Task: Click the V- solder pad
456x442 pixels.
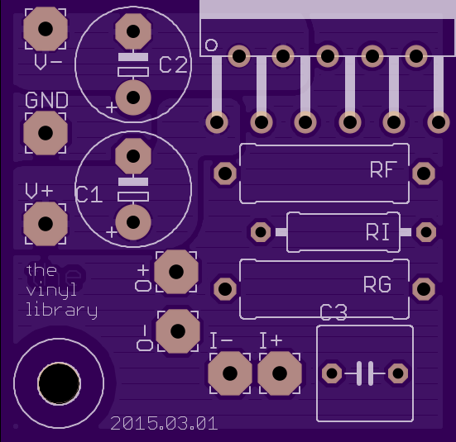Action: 46,29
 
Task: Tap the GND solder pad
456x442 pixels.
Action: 46,133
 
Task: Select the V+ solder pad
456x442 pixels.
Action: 46,224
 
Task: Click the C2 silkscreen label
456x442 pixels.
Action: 173,64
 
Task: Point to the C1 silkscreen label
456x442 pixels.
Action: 89,194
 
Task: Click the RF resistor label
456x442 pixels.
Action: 384,169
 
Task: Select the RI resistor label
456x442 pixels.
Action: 377,232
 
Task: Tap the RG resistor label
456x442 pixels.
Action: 377,284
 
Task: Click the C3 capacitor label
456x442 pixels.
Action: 334,312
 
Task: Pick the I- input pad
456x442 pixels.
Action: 230,373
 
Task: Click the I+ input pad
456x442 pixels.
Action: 280,373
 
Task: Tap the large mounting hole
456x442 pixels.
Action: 59,383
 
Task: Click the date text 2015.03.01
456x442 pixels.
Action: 164,424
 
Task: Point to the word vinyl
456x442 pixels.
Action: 51,289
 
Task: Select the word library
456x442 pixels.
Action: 61,311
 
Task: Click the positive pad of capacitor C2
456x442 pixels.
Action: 133,97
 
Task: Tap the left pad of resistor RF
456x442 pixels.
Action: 225,173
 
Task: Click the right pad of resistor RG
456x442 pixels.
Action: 424,289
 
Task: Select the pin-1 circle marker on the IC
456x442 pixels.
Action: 211,45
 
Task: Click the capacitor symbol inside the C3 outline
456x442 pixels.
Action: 365,373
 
